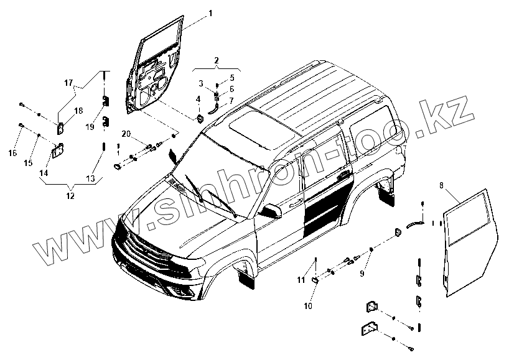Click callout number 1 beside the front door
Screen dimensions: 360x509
coord(210,13)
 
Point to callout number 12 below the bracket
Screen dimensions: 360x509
coord(70,195)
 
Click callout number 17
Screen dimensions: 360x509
coord(68,83)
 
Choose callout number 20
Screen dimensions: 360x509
coord(126,134)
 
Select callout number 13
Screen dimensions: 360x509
coord(91,178)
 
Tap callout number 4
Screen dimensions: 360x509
coord(198,99)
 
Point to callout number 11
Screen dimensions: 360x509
coord(301,280)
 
